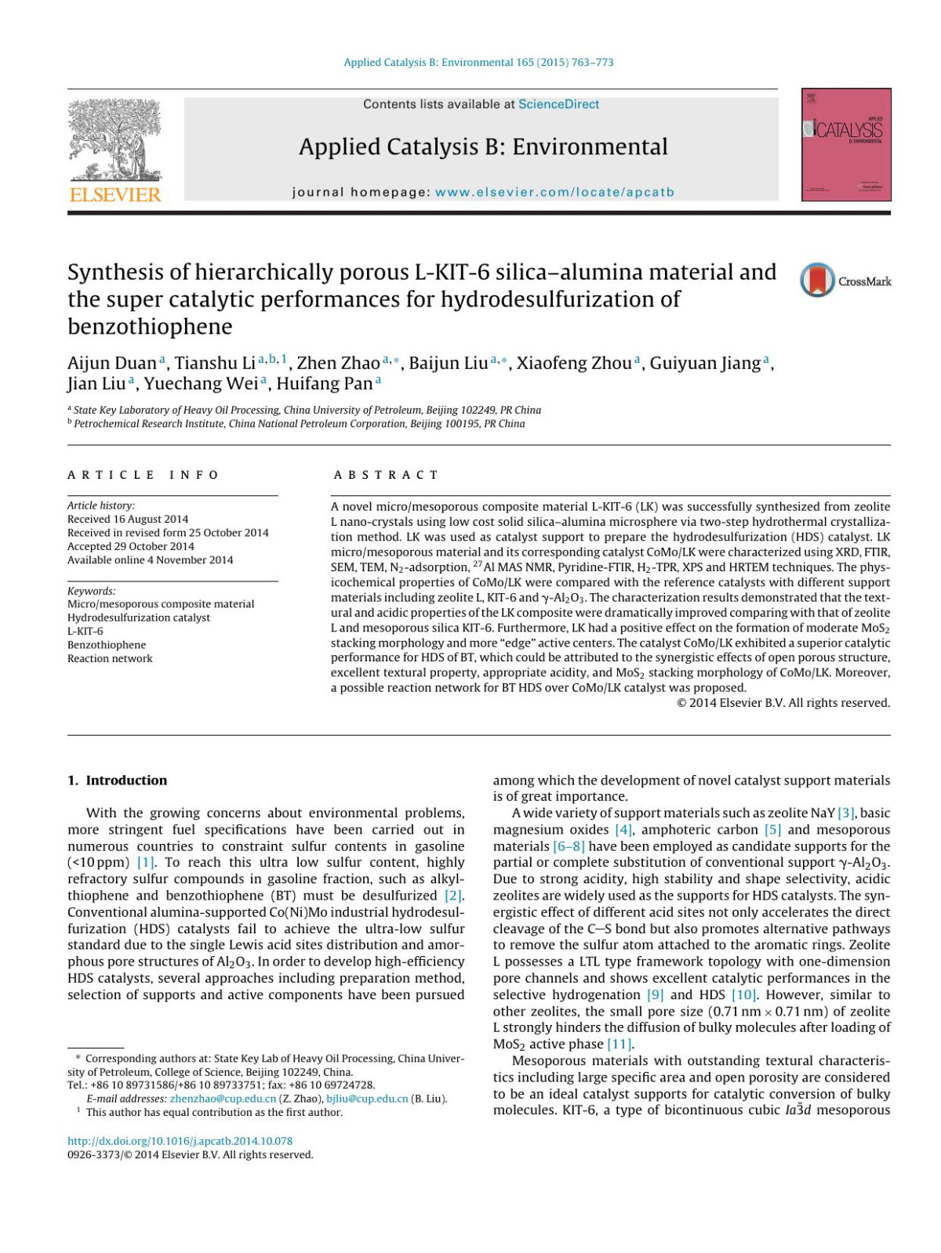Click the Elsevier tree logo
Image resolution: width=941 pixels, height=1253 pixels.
click(x=114, y=143)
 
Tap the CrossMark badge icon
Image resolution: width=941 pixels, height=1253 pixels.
click(x=817, y=281)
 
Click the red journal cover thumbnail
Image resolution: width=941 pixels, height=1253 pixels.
click(x=846, y=145)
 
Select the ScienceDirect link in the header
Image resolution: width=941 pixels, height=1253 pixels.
click(x=558, y=104)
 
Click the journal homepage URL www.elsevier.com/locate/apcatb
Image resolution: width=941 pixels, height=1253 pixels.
click(x=554, y=192)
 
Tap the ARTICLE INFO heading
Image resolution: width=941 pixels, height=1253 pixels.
click(x=143, y=475)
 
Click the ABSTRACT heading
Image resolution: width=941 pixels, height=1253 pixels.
click(x=386, y=475)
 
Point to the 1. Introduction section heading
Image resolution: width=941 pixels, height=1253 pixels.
click(x=117, y=780)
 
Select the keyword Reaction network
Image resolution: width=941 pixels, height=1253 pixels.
click(x=110, y=658)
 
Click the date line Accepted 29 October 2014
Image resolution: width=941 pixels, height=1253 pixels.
click(x=131, y=546)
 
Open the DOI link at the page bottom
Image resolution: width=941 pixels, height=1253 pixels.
click(x=180, y=1141)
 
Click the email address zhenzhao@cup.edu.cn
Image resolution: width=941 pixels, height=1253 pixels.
click(x=223, y=1099)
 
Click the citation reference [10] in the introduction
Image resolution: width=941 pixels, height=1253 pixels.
click(x=743, y=994)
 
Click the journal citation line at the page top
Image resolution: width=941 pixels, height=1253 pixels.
click(x=478, y=62)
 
